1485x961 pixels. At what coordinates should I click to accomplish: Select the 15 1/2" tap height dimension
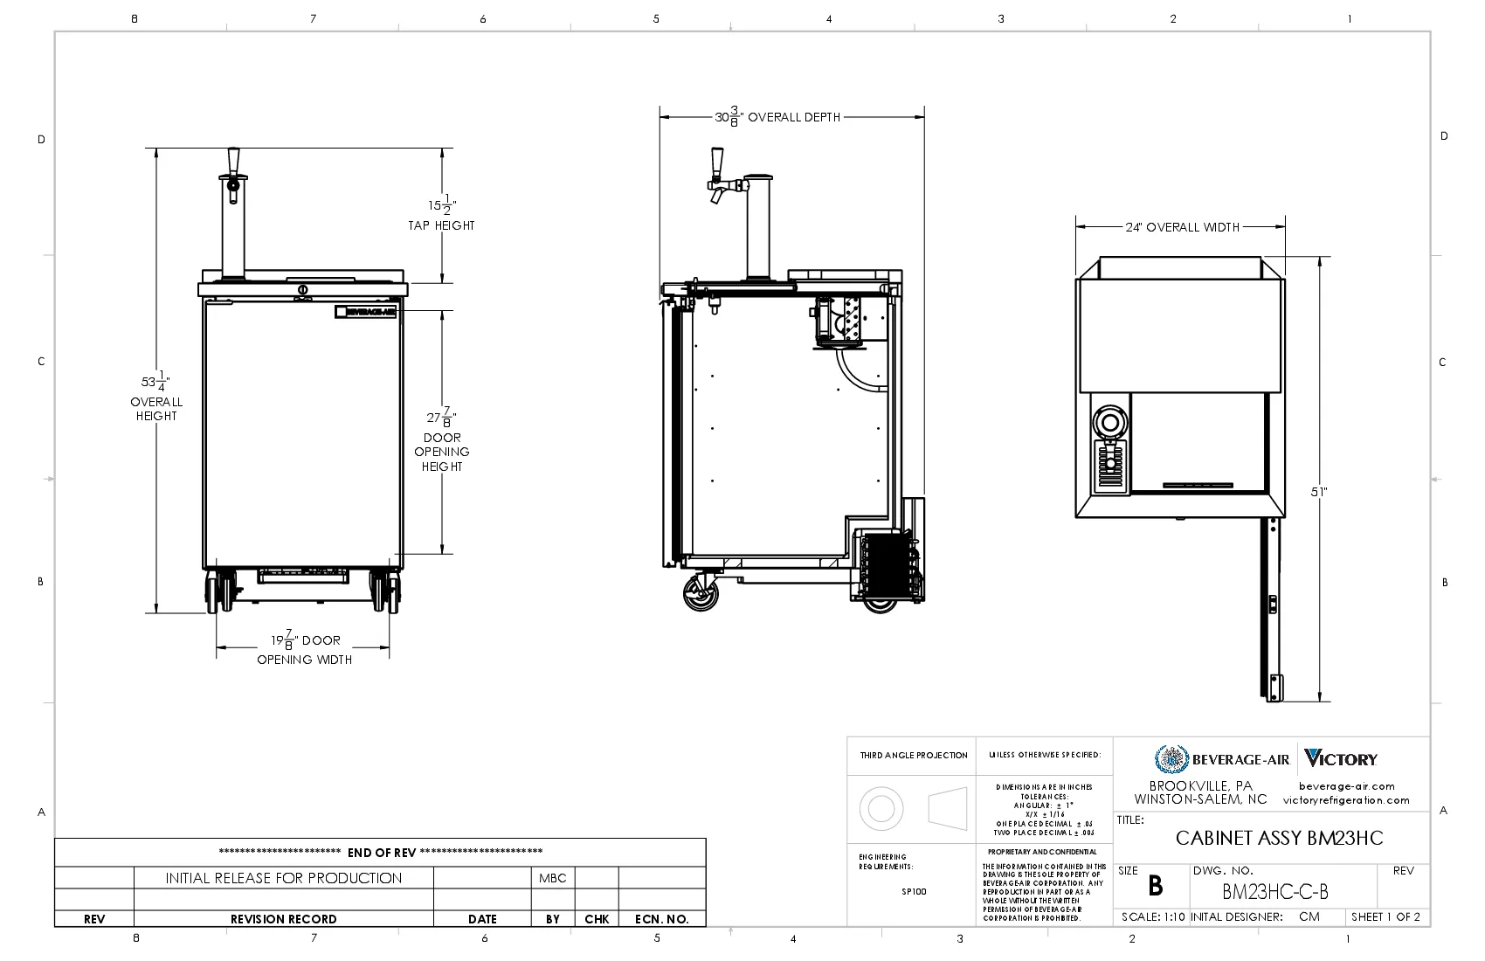[x=441, y=206]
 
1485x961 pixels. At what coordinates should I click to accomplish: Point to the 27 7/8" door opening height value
[x=442, y=417]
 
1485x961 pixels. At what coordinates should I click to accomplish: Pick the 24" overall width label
[x=1181, y=227]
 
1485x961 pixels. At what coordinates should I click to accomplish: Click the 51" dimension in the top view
[x=1319, y=492]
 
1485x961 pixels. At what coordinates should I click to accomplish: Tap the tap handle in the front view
[x=233, y=161]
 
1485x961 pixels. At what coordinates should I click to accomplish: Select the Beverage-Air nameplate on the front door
[x=366, y=312]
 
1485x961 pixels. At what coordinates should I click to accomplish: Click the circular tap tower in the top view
[x=1110, y=424]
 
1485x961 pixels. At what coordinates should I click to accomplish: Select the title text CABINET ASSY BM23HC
[x=1279, y=838]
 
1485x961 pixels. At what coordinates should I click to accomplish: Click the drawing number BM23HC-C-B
[x=1274, y=892]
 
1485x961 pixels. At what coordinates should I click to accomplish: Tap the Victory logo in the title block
[x=1341, y=759]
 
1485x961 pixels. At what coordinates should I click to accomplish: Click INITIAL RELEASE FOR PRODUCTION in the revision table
[x=283, y=878]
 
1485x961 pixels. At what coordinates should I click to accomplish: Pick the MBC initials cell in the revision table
[x=553, y=878]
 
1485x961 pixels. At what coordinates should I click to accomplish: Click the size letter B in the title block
[x=1155, y=887]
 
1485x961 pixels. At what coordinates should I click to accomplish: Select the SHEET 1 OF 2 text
[x=1385, y=916]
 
